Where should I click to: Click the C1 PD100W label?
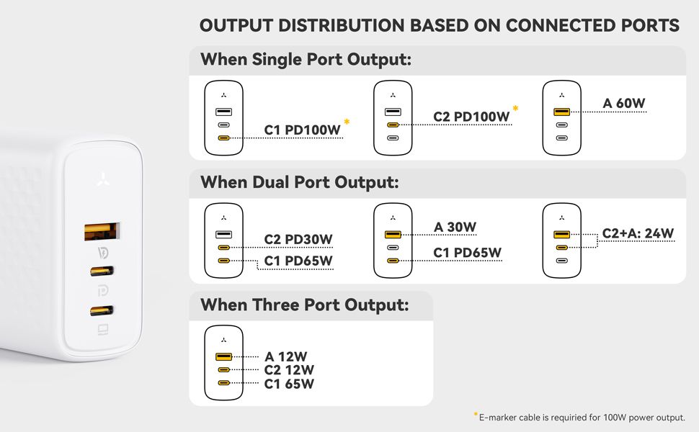[302, 130]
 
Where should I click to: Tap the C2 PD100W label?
[471, 117]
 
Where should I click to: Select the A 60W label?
[623, 104]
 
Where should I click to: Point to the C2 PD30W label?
[298, 240]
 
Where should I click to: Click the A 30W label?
[455, 227]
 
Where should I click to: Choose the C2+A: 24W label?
[638, 233]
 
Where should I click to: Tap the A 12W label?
[286, 356]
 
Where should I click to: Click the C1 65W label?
[289, 384]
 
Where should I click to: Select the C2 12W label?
[289, 370]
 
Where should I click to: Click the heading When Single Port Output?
[306, 60]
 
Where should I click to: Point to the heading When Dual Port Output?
[300, 183]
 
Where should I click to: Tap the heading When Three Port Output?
[305, 305]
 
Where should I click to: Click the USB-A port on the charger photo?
[102, 232]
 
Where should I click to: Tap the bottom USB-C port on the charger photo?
[102, 310]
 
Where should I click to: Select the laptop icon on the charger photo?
[103, 330]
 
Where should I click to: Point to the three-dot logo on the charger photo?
[104, 179]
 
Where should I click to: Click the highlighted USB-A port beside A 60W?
[561, 112]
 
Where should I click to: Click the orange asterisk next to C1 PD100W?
[347, 121]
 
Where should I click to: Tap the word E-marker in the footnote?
[498, 418]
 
